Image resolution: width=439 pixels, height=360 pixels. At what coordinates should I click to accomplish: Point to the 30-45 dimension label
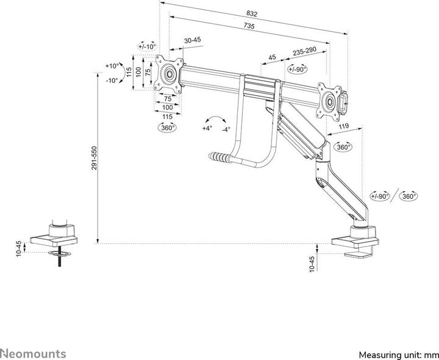(193, 40)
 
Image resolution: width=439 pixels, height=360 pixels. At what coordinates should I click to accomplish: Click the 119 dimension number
(344, 127)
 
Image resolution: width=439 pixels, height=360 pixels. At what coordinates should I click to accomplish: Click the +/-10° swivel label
(147, 46)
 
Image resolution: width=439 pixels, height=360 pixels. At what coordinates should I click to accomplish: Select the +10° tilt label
(111, 66)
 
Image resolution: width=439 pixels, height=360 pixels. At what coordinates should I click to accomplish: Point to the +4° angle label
(207, 129)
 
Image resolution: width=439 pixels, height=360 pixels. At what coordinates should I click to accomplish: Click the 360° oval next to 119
(343, 147)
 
